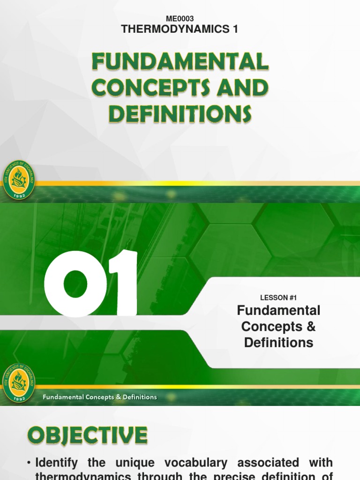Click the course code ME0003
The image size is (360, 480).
pyautogui.click(x=180, y=19)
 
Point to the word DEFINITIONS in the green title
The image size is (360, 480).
pyautogui.click(x=180, y=114)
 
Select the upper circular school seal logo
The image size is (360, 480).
pyautogui.click(x=18, y=180)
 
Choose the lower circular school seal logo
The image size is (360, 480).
pyautogui.click(x=18, y=383)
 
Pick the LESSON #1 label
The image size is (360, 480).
pyautogui.click(x=278, y=298)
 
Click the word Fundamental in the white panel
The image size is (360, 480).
pyautogui.click(x=278, y=310)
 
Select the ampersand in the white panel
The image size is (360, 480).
pyautogui.click(x=310, y=326)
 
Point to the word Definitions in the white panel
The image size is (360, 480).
pyautogui.click(x=278, y=343)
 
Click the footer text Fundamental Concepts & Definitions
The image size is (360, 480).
pyautogui.click(x=100, y=397)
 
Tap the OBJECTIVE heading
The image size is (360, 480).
pyautogui.click(x=87, y=436)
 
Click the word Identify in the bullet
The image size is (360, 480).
pyautogui.click(x=60, y=464)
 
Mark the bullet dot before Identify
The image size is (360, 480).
pyautogui.click(x=29, y=464)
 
